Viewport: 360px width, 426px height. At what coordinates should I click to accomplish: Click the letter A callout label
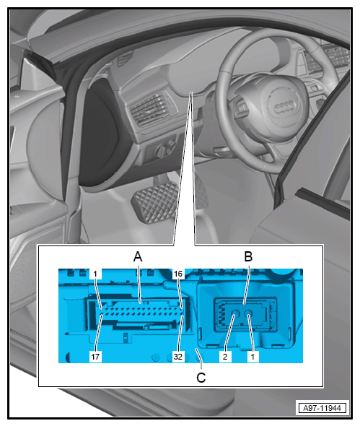tap(138, 256)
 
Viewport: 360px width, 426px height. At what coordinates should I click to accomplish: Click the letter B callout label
tap(248, 256)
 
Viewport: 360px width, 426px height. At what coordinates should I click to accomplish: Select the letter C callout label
tap(201, 378)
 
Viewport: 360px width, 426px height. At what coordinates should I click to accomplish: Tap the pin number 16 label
tap(178, 274)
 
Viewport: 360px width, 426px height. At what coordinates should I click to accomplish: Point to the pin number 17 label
tap(95, 357)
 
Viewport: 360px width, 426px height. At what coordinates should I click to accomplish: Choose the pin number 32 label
tap(177, 357)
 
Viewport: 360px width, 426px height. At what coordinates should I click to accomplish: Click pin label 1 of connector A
tap(95, 274)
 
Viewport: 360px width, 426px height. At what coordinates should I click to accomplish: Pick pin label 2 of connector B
tap(225, 357)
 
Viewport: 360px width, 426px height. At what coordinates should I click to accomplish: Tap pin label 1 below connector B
tap(253, 357)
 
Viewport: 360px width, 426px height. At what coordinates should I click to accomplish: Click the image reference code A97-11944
tap(322, 408)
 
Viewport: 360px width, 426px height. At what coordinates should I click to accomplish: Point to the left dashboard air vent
tap(150, 109)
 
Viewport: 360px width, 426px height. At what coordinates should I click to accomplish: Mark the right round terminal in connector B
tap(248, 314)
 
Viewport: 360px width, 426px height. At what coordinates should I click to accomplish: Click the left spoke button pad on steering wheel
tap(242, 108)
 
